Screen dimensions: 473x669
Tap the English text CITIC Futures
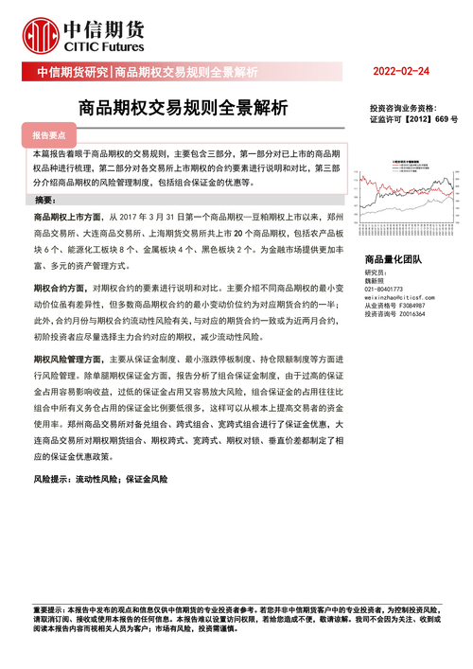105,44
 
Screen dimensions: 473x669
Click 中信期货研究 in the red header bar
72,72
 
